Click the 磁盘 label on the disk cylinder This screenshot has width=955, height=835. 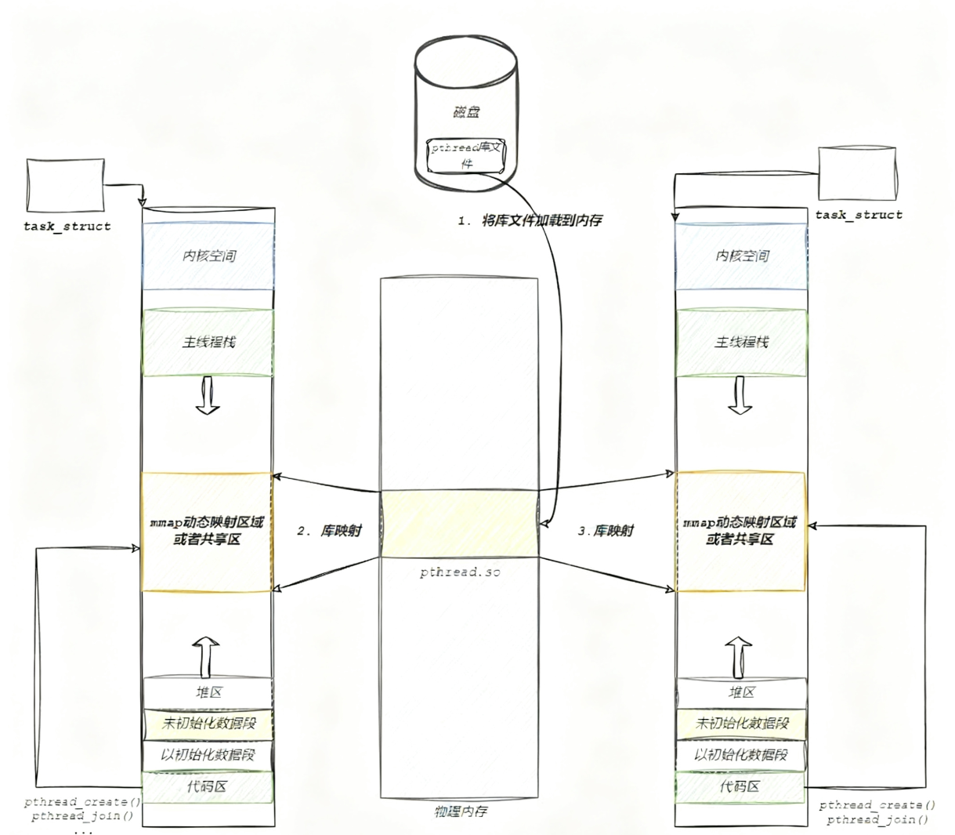pyautogui.click(x=465, y=112)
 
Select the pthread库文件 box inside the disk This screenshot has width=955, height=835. pyautogui.click(x=465, y=155)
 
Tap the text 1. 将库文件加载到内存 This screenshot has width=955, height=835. pyautogui.click(x=530, y=221)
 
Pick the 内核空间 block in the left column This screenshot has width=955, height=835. pyautogui.click(x=208, y=256)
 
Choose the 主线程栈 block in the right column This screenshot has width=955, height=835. pyautogui.click(x=741, y=343)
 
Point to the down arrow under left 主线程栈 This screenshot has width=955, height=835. pyautogui.click(x=208, y=395)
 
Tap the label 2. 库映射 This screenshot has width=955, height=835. pyautogui.click(x=329, y=531)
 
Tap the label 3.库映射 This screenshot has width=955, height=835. pyautogui.click(x=606, y=531)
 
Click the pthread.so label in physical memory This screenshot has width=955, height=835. pyautogui.click(x=460, y=572)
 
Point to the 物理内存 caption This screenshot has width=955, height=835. pyautogui.click(x=461, y=811)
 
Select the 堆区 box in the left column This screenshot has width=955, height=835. pyautogui.click(x=208, y=692)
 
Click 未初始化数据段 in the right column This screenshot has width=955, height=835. pyautogui.click(x=741, y=723)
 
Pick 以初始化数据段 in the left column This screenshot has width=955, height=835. pyautogui.click(x=208, y=755)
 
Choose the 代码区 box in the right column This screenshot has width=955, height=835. pyautogui.click(x=741, y=786)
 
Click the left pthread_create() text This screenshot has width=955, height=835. pyautogui.click(x=82, y=802)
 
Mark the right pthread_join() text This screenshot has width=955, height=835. pyautogui.click(x=877, y=819)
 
